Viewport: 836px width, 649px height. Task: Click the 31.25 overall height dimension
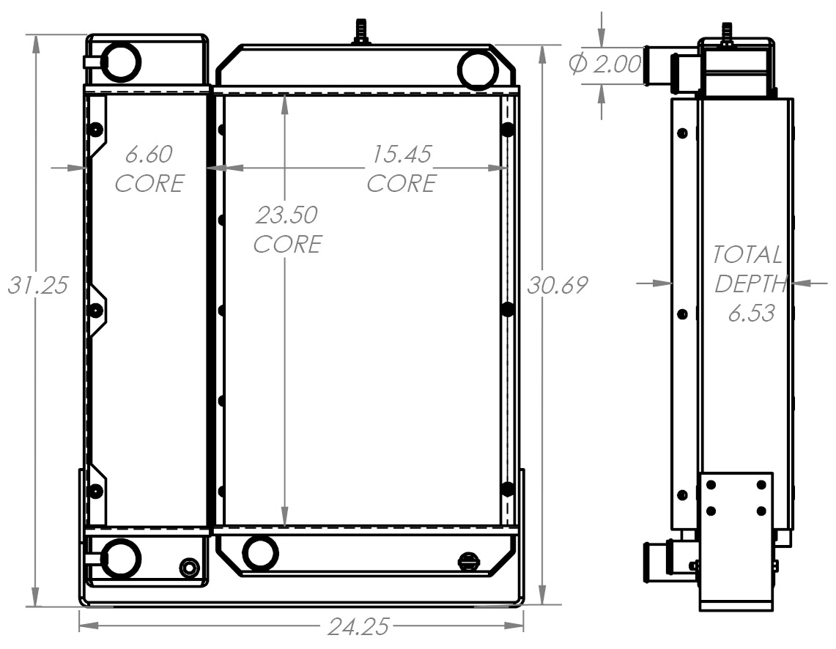37,285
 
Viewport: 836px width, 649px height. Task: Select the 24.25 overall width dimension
358,627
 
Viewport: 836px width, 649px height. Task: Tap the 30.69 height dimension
558,285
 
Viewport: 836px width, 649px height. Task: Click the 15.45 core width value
402,155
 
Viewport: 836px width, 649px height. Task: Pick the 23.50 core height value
286,215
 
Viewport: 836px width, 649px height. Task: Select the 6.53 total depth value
751,314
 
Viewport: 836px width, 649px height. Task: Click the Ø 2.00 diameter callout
605,65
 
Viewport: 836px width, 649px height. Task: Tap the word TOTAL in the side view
747,256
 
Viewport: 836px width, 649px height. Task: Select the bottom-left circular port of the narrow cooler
120,558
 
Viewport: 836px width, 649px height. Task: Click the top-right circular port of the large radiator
478,70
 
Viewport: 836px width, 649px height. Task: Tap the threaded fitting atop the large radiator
360,32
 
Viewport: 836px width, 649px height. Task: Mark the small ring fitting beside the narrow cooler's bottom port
189,568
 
